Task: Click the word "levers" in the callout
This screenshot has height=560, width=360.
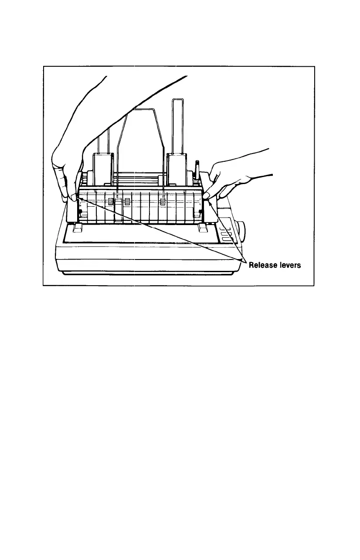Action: [288, 265]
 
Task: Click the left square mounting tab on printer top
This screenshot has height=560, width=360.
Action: [76, 228]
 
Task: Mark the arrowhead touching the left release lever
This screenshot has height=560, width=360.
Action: [79, 198]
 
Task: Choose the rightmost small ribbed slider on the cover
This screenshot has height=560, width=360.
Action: [163, 201]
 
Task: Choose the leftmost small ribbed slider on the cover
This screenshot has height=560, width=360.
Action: [111, 202]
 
